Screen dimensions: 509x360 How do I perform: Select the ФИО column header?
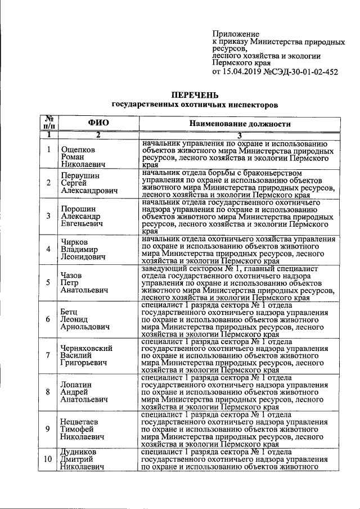[98, 123]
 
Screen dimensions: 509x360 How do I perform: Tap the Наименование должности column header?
[239, 124]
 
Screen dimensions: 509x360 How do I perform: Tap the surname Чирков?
[76, 241]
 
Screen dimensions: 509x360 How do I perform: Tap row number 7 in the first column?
[49, 355]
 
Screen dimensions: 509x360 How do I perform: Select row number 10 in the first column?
[49, 459]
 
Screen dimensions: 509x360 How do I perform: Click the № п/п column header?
[49, 122]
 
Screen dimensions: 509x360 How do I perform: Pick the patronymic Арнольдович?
[85, 327]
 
